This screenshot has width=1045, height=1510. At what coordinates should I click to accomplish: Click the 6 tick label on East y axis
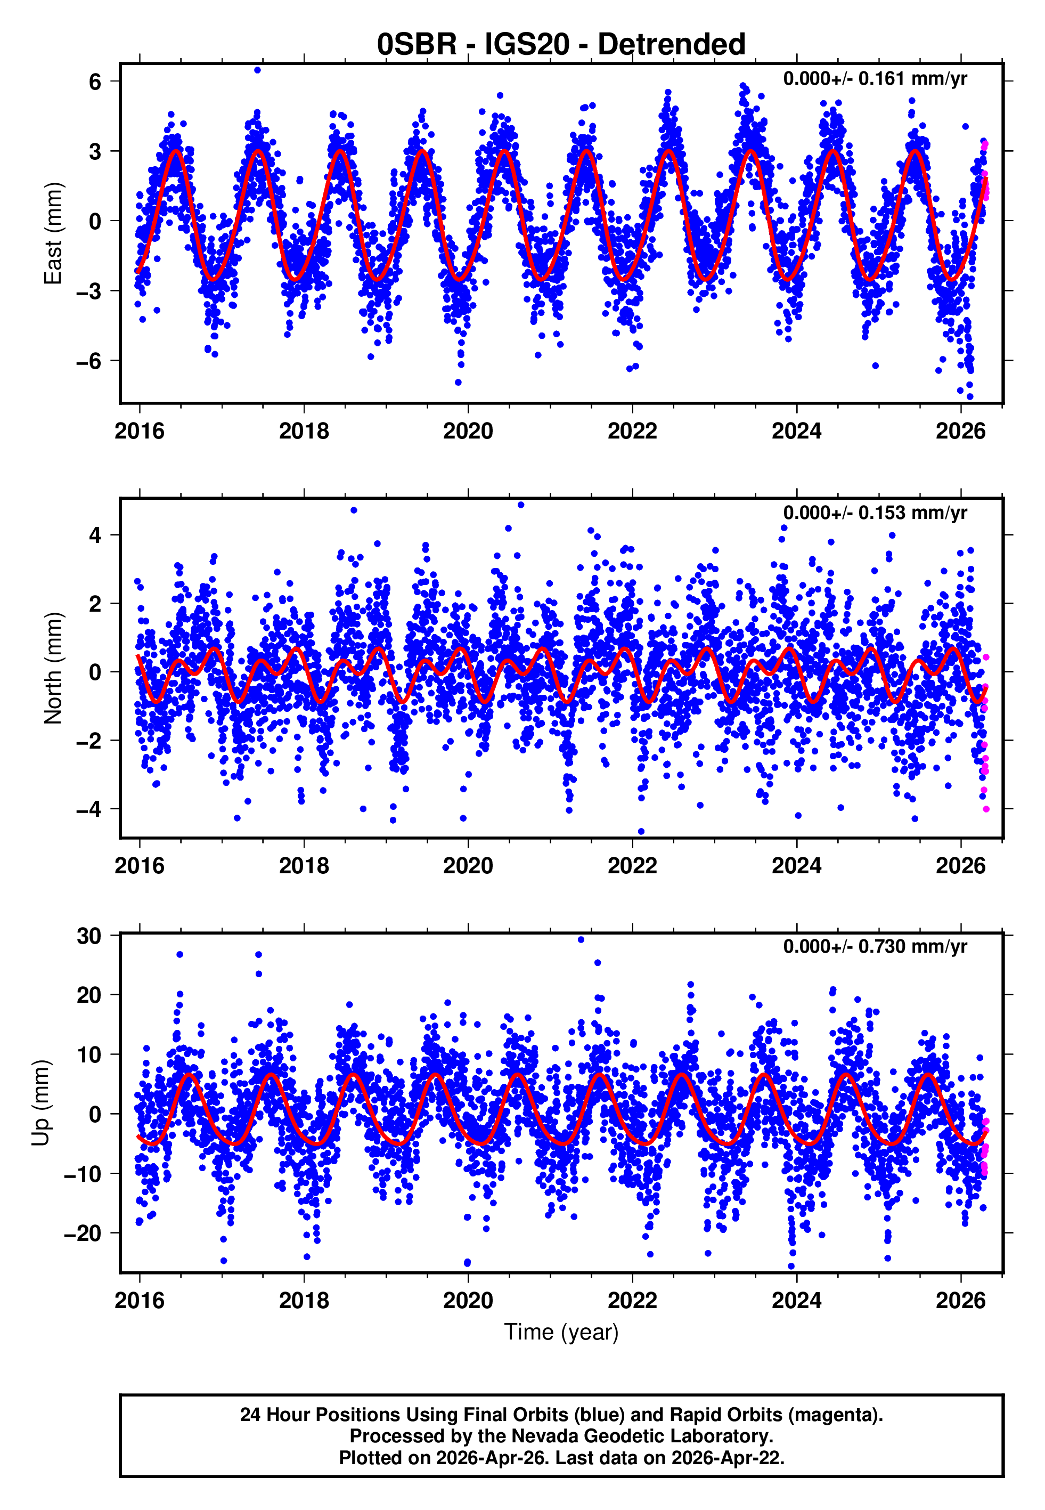click(95, 82)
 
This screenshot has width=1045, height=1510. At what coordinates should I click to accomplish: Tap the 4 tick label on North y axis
click(95, 535)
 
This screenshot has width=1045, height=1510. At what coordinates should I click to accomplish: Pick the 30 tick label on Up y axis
click(89, 936)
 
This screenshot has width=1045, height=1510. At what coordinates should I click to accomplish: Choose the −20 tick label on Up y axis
click(83, 1233)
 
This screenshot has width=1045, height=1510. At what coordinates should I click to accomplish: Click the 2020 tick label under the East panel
click(468, 431)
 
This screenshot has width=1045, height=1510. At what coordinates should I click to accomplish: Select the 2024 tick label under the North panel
click(796, 866)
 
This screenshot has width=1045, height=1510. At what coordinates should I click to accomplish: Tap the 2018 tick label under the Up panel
click(304, 1300)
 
